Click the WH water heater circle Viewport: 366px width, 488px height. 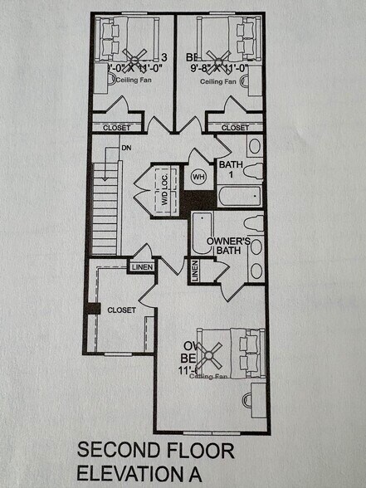tap(199, 177)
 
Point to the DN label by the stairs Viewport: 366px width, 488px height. tap(126, 148)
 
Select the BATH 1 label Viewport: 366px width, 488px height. tap(230, 169)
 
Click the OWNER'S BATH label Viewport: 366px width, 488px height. tap(229, 248)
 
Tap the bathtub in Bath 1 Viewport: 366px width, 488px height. tap(238, 198)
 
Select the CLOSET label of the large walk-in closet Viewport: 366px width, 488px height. tap(121, 310)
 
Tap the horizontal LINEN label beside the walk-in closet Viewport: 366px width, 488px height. tap(140, 267)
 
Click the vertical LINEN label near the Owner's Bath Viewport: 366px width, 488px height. tap(195, 271)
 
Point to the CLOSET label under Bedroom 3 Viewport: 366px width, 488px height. tap(115, 128)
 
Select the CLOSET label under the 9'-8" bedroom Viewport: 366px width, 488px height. tap(235, 128)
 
